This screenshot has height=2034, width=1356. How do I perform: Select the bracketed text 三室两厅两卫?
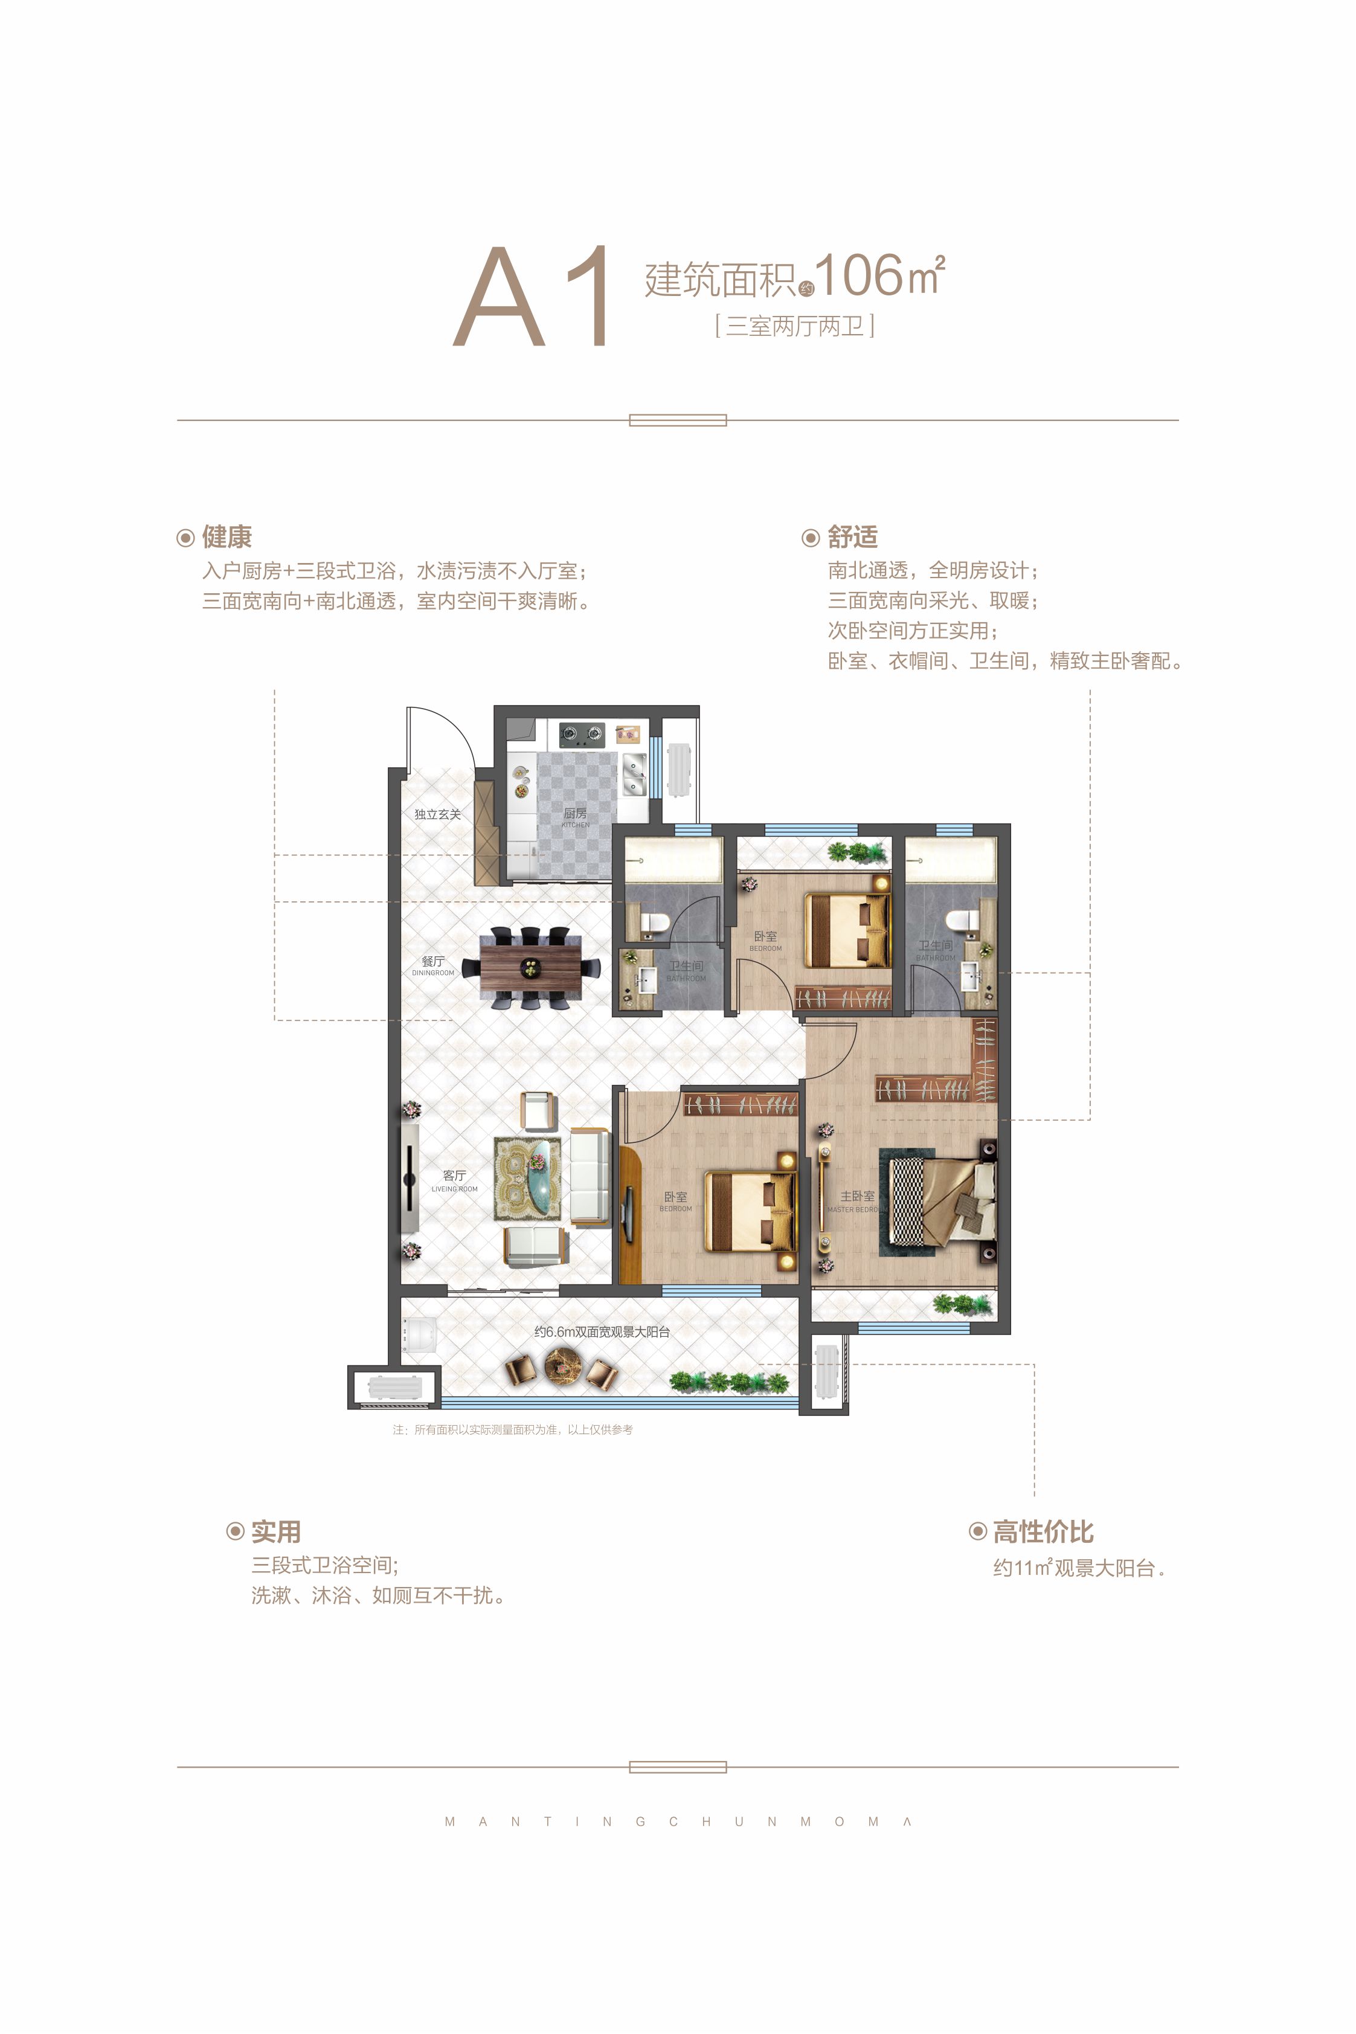[x=795, y=326]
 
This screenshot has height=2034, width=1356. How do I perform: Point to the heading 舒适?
[x=852, y=537]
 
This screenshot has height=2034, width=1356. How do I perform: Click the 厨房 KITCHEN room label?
[x=575, y=816]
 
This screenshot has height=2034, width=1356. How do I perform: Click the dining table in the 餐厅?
[x=529, y=967]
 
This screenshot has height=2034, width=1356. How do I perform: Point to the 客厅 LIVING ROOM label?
[x=454, y=1180]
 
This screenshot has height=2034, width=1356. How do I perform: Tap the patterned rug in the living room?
[x=527, y=1177]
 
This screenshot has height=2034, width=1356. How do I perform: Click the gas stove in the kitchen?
[x=580, y=735]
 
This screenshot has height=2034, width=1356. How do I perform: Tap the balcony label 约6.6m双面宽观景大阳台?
[x=602, y=1332]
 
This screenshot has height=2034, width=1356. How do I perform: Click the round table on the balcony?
[x=562, y=1366]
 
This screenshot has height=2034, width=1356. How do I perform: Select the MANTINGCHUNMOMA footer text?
[x=678, y=1821]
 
